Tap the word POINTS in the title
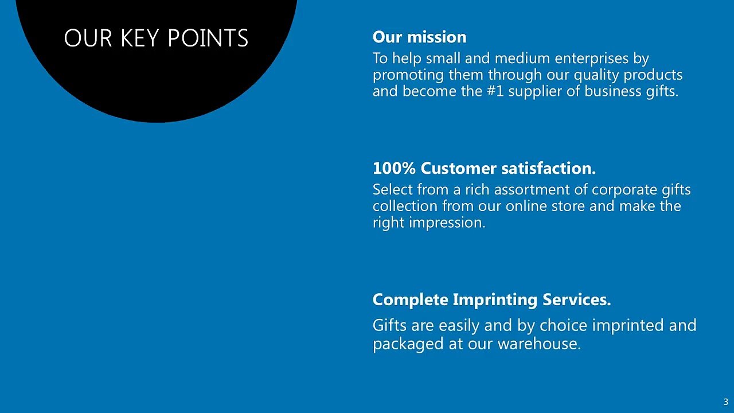coord(208,38)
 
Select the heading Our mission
coord(419,37)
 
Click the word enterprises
coord(591,59)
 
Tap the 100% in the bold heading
coord(394,169)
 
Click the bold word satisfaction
coord(548,169)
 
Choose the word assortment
coord(536,190)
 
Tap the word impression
coord(447,223)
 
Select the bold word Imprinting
coord(495,300)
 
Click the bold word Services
coord(577,299)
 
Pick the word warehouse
coord(539,344)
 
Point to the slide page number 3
coord(726,402)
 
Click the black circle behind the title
coord(157,85)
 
